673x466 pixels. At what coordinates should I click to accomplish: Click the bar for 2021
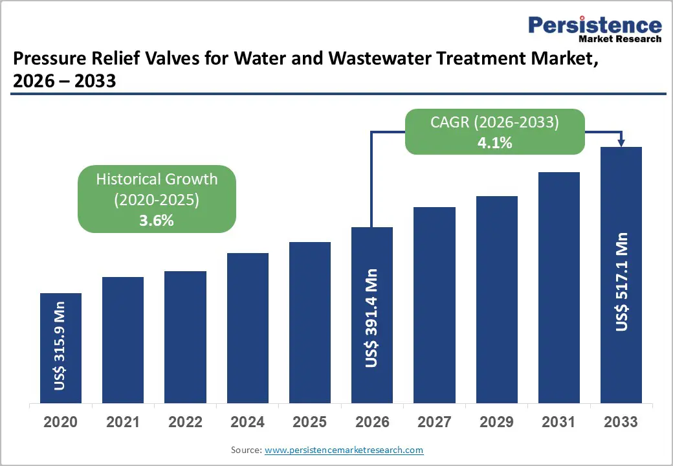tap(123, 340)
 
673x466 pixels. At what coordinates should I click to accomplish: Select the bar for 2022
tap(185, 337)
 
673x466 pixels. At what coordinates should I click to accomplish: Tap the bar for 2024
tap(247, 327)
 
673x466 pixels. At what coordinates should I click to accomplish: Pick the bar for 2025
tap(309, 322)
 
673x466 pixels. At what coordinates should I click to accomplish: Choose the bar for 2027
tap(434, 305)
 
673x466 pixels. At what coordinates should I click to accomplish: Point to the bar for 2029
tap(496, 299)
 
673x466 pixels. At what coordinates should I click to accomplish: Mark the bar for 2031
tap(558, 287)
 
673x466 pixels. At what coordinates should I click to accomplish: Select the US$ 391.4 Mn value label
tap(371, 318)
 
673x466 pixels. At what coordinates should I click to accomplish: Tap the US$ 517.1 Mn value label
tap(621, 281)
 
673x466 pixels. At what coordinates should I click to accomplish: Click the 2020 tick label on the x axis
tap(60, 423)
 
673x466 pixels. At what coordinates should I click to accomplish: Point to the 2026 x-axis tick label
tap(372, 423)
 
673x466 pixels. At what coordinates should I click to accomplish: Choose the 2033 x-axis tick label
tap(621, 423)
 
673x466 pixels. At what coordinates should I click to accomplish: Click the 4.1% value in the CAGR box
tap(495, 143)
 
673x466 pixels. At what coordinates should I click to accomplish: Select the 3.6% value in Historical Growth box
tap(157, 220)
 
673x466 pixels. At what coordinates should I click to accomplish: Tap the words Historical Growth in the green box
tap(157, 179)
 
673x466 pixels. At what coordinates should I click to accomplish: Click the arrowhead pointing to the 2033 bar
tap(621, 142)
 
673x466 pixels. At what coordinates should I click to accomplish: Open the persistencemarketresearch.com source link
tap(344, 450)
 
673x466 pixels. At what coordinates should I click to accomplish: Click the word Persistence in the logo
tap(595, 25)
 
